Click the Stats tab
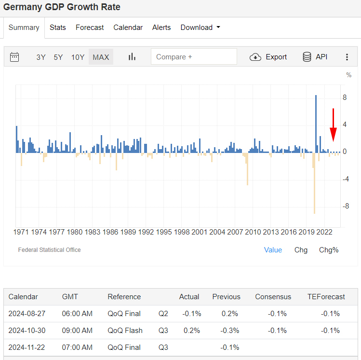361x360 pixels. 57,28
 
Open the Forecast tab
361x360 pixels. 90,28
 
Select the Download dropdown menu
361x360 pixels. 200,28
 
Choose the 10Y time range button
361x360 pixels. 78,57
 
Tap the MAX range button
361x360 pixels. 101,57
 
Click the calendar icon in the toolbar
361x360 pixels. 14,57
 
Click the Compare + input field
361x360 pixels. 194,56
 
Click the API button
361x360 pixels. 315,56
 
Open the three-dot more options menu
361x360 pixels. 347,57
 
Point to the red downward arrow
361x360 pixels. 333,125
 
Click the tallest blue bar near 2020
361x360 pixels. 316,124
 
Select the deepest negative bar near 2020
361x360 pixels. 314,183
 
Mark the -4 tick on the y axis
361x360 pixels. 346,179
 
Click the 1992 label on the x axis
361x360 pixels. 146,232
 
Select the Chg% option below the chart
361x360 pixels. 329,250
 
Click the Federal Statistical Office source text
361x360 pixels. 49,250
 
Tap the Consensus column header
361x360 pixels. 273,297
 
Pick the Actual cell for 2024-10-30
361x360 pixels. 191,331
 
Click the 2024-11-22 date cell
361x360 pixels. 27,347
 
